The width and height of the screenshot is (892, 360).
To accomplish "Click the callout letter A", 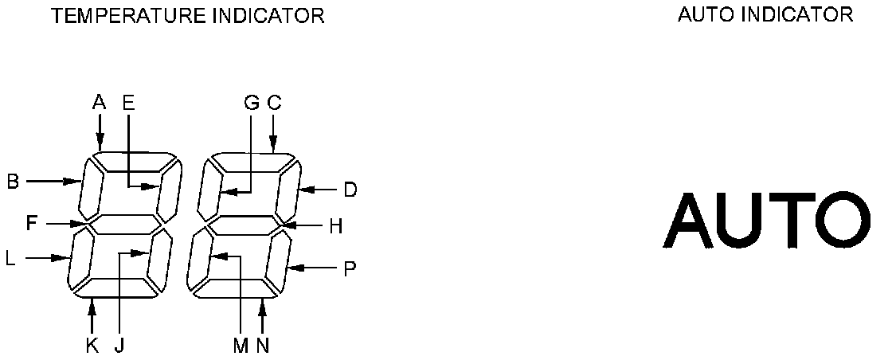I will tap(99, 102).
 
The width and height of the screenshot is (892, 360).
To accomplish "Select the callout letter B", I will tap(13, 182).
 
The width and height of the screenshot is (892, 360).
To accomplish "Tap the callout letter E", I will tap(128, 102).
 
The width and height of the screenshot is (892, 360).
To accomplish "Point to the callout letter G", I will tap(251, 102).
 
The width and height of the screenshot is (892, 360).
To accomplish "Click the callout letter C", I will tap(274, 102).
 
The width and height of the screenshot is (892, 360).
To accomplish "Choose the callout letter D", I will tap(350, 190).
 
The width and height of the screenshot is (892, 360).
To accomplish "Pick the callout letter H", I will tap(335, 226).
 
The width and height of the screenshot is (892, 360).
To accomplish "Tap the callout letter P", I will tap(349, 269).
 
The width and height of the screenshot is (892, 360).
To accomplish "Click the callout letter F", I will tap(31, 223).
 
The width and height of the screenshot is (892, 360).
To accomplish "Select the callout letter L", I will tap(10, 258).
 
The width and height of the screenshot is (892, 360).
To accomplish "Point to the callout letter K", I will tap(92, 346).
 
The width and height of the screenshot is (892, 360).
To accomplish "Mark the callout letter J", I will tap(118, 346).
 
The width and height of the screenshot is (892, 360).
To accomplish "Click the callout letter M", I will tap(241, 346).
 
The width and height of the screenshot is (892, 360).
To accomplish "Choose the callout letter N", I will tap(263, 346).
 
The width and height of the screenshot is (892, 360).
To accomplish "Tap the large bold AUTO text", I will tap(763, 220).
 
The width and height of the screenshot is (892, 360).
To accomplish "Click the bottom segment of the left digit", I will tap(119, 288).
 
